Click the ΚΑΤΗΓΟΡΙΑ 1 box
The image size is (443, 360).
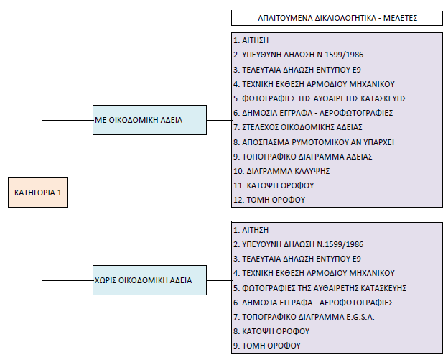coord(38,193)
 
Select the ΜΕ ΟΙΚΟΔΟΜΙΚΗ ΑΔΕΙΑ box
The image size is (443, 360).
coord(150,120)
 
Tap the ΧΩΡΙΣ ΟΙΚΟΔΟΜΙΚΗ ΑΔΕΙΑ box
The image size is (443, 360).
coord(150,280)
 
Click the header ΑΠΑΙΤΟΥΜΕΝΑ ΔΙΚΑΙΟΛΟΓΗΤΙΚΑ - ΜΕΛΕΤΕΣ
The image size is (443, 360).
coord(337,18)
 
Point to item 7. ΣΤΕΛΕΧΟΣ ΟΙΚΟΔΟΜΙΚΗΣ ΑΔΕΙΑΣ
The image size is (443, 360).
coord(298,127)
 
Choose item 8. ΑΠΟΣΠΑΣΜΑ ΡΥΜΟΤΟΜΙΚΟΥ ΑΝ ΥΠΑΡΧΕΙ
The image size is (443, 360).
coord(314,142)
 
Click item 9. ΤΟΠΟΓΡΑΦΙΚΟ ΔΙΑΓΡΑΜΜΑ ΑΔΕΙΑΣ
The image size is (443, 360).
coord(303,157)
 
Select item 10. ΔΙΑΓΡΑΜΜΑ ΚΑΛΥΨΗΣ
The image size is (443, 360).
coord(281,171)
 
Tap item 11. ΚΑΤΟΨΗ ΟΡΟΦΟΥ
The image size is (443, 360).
coord(274,185)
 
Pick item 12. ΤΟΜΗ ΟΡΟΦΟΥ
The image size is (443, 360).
coord(269,200)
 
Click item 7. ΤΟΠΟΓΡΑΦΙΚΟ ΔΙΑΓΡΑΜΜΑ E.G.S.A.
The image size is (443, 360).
coord(304,317)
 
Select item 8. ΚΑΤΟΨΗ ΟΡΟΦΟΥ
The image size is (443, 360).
coord(271,331)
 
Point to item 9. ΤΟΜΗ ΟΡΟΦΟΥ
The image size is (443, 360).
coord(267,346)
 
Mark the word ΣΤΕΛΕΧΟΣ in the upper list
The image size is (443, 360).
coord(260,127)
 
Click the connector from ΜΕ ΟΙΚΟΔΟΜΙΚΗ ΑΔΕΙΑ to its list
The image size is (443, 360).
coord(220,120)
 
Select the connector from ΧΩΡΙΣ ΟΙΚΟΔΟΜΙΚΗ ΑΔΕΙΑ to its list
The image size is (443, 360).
coord(220,280)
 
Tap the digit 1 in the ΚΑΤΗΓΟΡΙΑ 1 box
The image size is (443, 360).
coord(60,193)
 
